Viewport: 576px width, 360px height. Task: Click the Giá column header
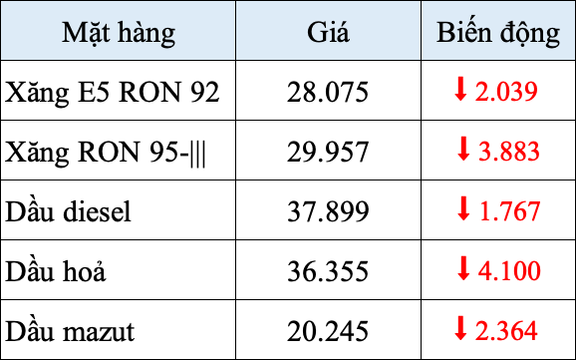pyautogui.click(x=329, y=33)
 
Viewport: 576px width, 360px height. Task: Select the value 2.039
pyautogui.click(x=507, y=93)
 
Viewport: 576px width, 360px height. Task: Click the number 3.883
pyautogui.click(x=508, y=153)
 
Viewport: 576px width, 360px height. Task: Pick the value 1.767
pyautogui.click(x=508, y=211)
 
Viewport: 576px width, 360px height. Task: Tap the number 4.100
pyautogui.click(x=508, y=270)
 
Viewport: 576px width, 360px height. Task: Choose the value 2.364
pyautogui.click(x=507, y=329)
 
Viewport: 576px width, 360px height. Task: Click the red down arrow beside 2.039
pyautogui.click(x=460, y=90)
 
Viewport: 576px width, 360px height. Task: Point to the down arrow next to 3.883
pyautogui.click(x=462, y=150)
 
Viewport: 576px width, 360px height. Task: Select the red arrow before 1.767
pyautogui.click(x=462, y=208)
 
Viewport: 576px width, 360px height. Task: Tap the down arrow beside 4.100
pyautogui.click(x=462, y=267)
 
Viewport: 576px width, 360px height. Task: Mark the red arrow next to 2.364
pyautogui.click(x=460, y=326)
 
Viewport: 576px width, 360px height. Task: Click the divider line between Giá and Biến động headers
pyautogui.click(x=422, y=33)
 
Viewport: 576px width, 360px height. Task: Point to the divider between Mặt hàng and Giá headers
pyautogui.click(x=236, y=33)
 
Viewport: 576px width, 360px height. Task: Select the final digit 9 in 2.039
pyautogui.click(x=532, y=93)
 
